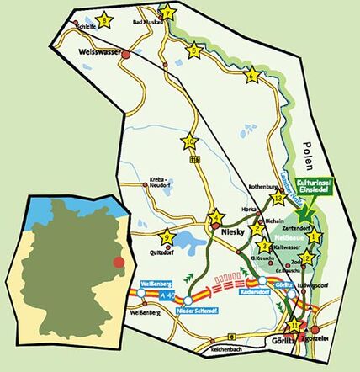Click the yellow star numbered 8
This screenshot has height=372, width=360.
click(104, 19)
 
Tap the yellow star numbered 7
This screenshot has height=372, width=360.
click(167, 13)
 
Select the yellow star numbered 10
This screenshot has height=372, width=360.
click(189, 141)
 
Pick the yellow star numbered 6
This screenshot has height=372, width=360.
click(251, 77)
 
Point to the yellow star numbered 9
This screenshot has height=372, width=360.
click(167, 237)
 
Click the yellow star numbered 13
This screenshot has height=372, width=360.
click(279, 199)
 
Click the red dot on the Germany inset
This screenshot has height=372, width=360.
click(118, 263)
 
